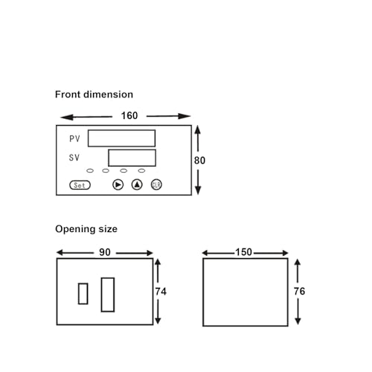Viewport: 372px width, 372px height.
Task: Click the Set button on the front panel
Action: coord(80,185)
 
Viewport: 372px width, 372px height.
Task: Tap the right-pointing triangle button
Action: coord(118,185)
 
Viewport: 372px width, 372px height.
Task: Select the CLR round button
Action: coord(156,185)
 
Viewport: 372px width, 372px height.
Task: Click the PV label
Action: coord(74,138)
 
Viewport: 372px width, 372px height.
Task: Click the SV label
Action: coord(74,158)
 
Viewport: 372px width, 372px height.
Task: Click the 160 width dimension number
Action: coord(129,115)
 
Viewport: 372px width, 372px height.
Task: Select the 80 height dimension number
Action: coord(199,161)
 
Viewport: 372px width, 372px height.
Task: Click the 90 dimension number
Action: coord(105,252)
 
